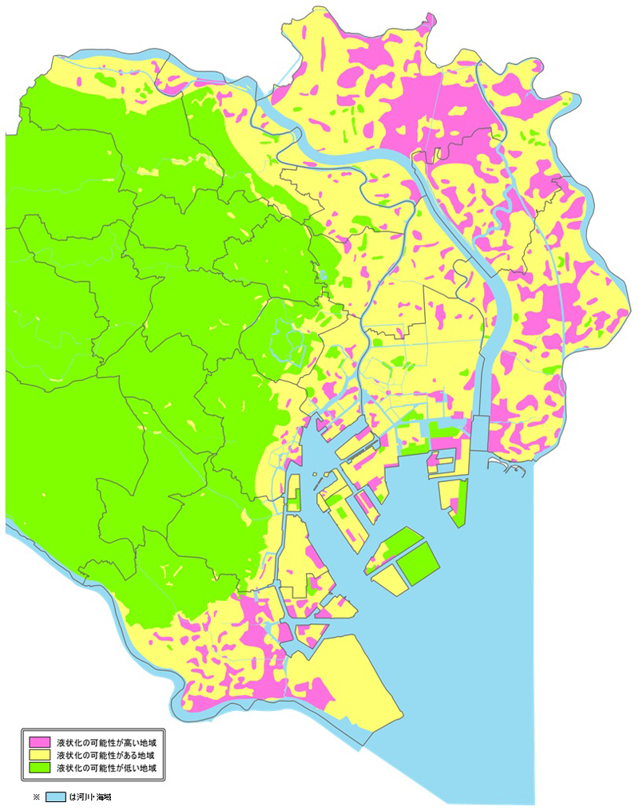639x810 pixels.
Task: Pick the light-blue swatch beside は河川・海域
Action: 55,796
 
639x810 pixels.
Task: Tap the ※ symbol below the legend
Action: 36,796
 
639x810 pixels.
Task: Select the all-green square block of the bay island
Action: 419,563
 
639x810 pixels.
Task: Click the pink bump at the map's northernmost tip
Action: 431,19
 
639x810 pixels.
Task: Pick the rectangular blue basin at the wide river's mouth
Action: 482,434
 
